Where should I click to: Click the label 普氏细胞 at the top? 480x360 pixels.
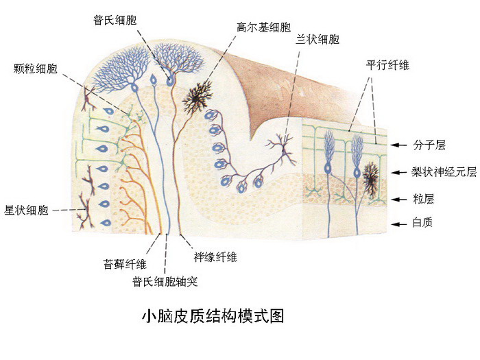pyautogui.click(x=115, y=20)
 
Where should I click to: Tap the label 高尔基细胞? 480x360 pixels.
pyautogui.click(x=263, y=27)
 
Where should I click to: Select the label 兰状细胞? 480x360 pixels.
pyautogui.click(x=317, y=39)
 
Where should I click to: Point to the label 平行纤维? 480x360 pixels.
pyautogui.click(x=387, y=65)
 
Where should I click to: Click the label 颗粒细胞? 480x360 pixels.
pyautogui.click(x=35, y=69)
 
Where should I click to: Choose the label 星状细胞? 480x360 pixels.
pyautogui.click(x=26, y=211)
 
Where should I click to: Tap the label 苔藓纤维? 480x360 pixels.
pyautogui.click(x=125, y=264)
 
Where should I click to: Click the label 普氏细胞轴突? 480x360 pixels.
pyautogui.click(x=165, y=281)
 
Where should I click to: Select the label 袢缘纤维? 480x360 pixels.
pyautogui.click(x=215, y=257)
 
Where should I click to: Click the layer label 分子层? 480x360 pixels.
pyautogui.click(x=429, y=145)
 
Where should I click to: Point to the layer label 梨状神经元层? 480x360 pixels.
pyautogui.click(x=444, y=172)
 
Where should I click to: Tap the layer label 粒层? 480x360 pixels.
pyautogui.click(x=423, y=199)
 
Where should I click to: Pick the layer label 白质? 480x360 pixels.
pyautogui.click(x=422, y=223)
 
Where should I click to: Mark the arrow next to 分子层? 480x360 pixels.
pyautogui.click(x=399, y=145)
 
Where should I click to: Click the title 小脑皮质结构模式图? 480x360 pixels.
pyautogui.click(x=213, y=316)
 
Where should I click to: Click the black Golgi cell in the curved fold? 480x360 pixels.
pyautogui.click(x=197, y=97)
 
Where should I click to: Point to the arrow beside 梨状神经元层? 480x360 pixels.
pyautogui.click(x=399, y=172)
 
